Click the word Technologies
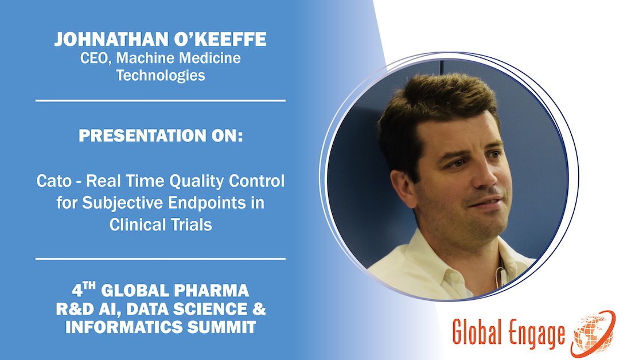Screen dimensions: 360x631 (x=161, y=75)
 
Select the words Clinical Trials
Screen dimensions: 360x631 (x=161, y=224)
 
